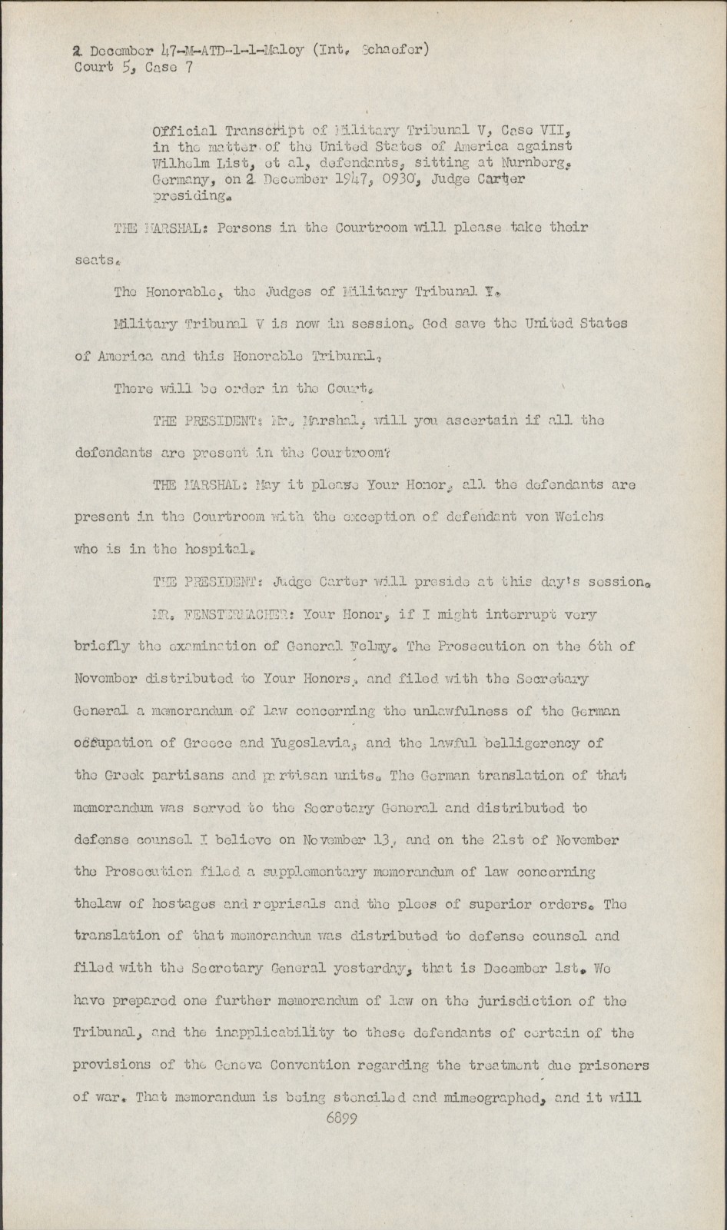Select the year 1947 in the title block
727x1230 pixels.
click(x=354, y=178)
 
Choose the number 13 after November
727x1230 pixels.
click(x=381, y=840)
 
